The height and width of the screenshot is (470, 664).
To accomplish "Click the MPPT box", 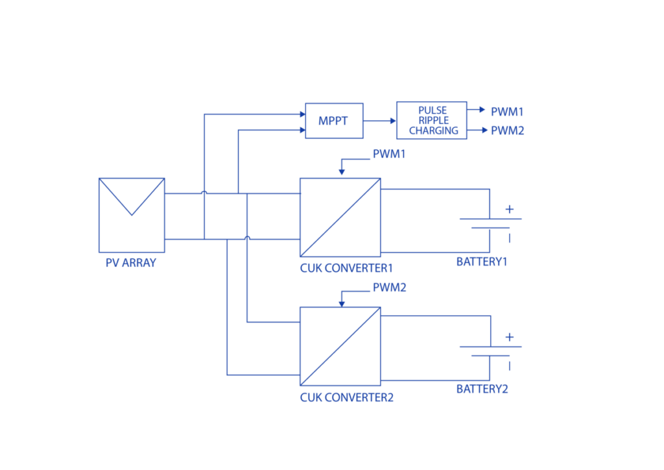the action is [334, 121].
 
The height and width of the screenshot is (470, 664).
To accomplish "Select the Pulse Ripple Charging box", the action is [431, 120].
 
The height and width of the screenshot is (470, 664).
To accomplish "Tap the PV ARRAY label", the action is [131, 263].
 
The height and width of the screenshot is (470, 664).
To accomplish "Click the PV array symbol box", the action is [132, 215].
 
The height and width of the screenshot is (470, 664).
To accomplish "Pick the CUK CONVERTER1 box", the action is [340, 217].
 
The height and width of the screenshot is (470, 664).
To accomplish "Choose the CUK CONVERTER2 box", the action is [340, 346].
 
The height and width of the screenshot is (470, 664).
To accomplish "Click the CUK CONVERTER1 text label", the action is [346, 268].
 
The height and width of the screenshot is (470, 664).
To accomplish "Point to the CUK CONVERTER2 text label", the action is [347, 397].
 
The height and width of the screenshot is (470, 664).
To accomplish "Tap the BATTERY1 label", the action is [482, 262].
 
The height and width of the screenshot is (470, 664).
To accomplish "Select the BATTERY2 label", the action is [482, 389].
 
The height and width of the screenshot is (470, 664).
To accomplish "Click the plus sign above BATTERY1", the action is [510, 209].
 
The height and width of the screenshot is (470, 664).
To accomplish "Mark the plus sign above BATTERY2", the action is [510, 337].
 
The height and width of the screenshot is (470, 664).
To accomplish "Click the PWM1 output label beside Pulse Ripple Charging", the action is [507, 112].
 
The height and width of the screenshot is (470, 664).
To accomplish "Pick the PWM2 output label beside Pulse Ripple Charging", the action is [507, 130].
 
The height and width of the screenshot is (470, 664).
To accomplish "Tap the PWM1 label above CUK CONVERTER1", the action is [389, 154].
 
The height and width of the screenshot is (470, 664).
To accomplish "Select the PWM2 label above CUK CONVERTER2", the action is [390, 288].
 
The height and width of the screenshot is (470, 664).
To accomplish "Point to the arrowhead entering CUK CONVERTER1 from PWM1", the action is [342, 172].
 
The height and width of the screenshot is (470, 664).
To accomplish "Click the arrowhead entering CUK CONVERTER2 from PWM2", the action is [342, 304].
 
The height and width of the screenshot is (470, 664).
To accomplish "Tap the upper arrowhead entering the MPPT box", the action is [302, 114].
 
